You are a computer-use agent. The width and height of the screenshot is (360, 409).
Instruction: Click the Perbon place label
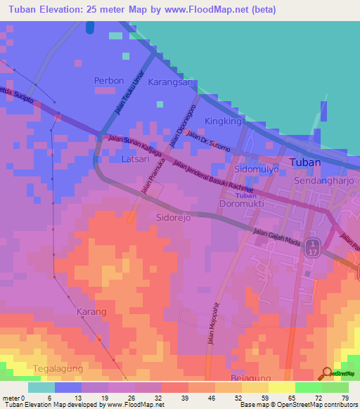tap(109, 81)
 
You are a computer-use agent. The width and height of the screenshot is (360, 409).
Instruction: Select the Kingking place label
tap(222, 122)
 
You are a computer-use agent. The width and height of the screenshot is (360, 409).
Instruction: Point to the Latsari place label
tap(136, 161)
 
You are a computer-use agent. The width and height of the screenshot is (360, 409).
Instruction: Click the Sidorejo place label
tap(174, 218)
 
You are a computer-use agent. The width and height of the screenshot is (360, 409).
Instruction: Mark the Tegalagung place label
tap(58, 368)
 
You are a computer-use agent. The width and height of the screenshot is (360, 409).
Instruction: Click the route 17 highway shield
tap(314, 245)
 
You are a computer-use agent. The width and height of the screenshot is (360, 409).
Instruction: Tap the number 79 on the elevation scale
tap(345, 397)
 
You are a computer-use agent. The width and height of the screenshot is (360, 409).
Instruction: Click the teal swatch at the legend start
tap(41, 387)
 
